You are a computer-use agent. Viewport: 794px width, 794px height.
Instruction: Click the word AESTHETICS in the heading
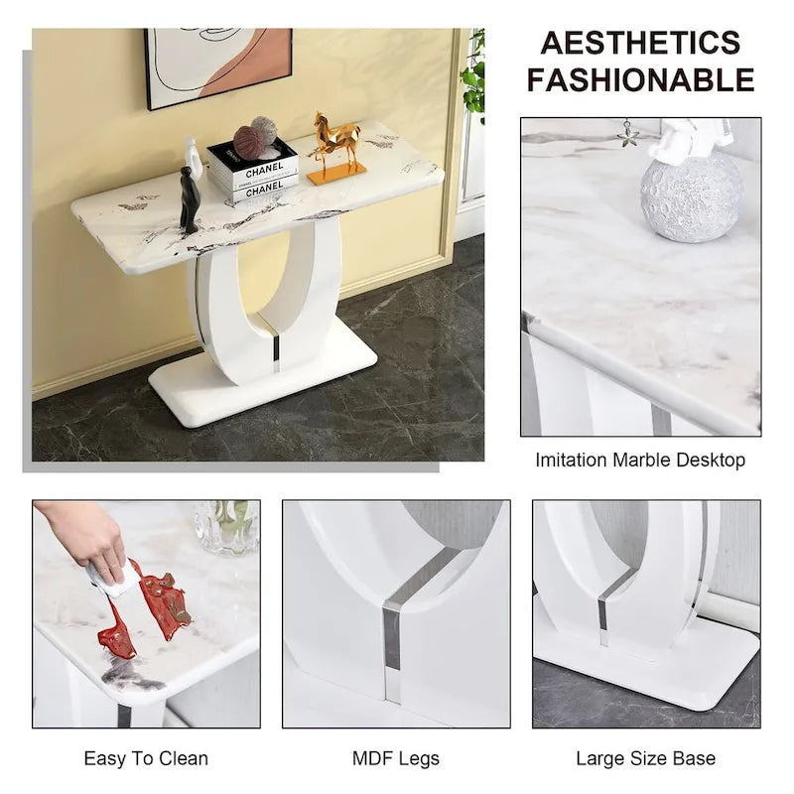click(640, 43)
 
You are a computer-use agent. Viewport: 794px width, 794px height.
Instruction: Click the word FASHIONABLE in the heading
click(640, 78)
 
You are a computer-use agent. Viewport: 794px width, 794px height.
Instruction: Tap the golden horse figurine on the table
click(335, 147)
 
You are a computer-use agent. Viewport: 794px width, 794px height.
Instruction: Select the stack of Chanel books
click(253, 175)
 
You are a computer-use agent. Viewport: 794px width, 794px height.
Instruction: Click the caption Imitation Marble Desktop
click(640, 461)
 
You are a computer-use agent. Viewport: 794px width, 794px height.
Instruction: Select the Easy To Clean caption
click(146, 758)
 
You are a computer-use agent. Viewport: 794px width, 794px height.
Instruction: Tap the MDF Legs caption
click(396, 758)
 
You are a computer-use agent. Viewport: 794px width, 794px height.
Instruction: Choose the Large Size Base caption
click(645, 758)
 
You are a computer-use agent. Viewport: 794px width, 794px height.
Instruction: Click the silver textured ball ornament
click(691, 196)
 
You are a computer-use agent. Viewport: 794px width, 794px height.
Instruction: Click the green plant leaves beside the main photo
click(474, 74)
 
